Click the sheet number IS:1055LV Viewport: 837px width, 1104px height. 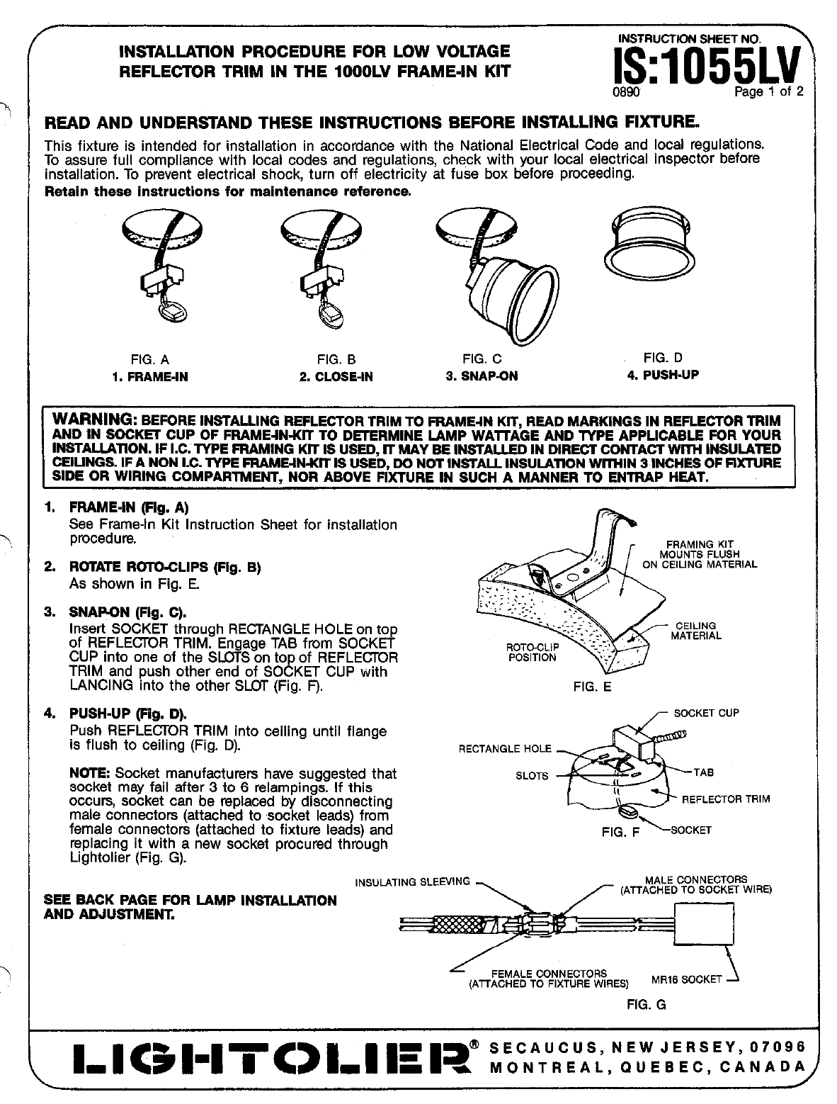point(707,67)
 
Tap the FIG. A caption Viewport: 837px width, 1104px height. point(150,359)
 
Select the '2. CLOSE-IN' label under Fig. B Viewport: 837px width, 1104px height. point(336,377)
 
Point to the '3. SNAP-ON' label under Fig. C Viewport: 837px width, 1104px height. point(482,376)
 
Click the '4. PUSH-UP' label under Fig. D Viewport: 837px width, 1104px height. point(663,375)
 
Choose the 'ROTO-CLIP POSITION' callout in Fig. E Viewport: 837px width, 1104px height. point(532,652)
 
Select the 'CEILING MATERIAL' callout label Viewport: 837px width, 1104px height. point(696,631)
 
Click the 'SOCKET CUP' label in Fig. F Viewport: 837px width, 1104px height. point(706,713)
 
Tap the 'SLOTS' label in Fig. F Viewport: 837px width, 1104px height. point(532,775)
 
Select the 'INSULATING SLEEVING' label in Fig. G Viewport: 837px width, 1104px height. point(412,881)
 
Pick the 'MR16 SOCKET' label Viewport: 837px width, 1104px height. point(686,979)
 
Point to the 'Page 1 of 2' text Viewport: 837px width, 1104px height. point(768,92)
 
